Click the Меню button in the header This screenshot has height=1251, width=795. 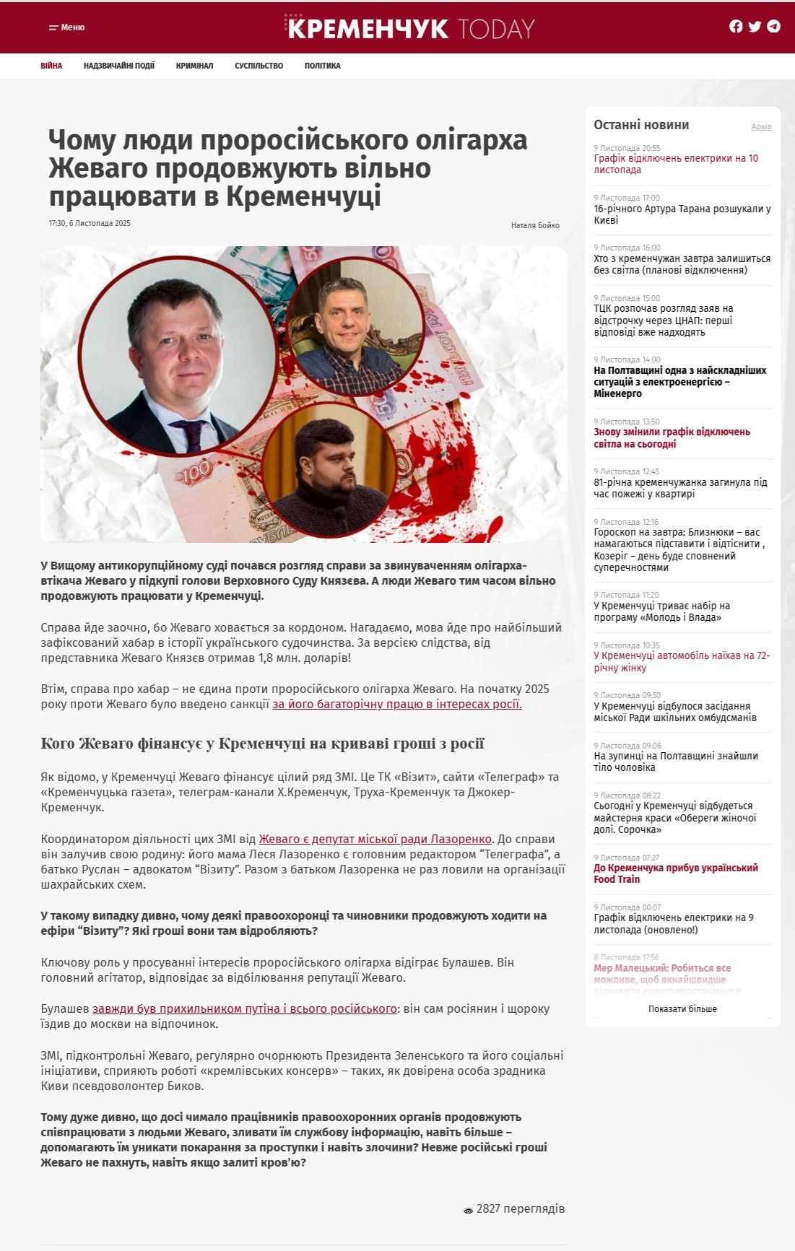tap(66, 27)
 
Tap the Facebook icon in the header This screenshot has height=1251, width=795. tap(736, 27)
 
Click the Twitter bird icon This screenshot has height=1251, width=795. tap(755, 27)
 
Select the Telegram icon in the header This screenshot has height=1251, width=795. tap(773, 27)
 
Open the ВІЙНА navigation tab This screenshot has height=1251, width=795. tap(51, 66)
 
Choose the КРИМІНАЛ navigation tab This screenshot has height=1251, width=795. tap(194, 66)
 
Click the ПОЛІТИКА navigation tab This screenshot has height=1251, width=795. tap(322, 66)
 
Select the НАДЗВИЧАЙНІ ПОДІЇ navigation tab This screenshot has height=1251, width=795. tap(119, 66)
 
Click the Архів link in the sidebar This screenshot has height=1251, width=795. tap(761, 127)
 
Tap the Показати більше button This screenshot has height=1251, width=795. tap(682, 1008)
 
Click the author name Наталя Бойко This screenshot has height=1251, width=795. tap(535, 225)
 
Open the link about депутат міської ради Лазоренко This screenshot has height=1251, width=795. tap(375, 839)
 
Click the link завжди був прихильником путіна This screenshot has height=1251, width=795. tap(244, 1008)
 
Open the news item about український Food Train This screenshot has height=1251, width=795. tap(675, 873)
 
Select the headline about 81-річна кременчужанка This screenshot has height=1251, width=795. tap(680, 488)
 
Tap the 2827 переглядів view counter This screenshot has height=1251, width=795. tap(514, 1208)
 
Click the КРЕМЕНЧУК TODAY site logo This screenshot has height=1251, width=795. tap(409, 27)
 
